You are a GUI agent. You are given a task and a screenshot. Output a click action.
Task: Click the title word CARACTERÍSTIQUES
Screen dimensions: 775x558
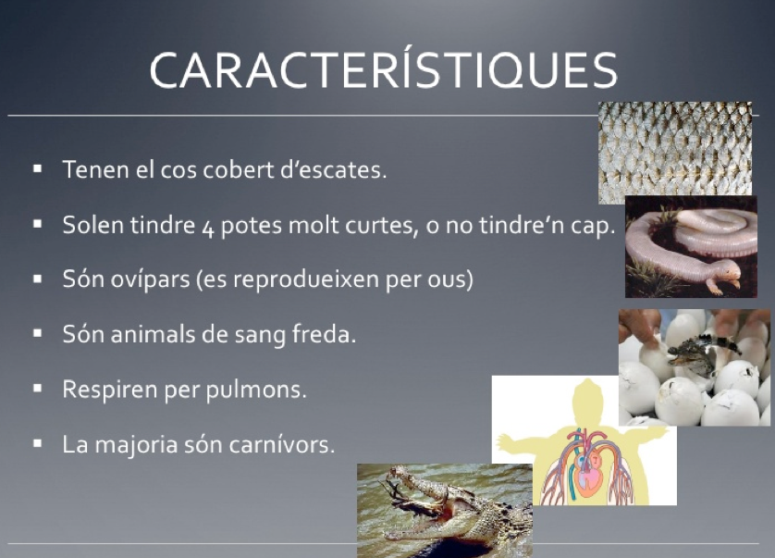[384, 69]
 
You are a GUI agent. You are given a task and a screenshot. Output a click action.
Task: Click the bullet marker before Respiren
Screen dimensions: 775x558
[38, 389]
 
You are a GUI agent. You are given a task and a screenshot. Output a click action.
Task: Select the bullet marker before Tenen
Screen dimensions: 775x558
[38, 168]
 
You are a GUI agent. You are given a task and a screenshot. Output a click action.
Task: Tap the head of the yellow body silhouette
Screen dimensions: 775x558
[588, 398]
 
